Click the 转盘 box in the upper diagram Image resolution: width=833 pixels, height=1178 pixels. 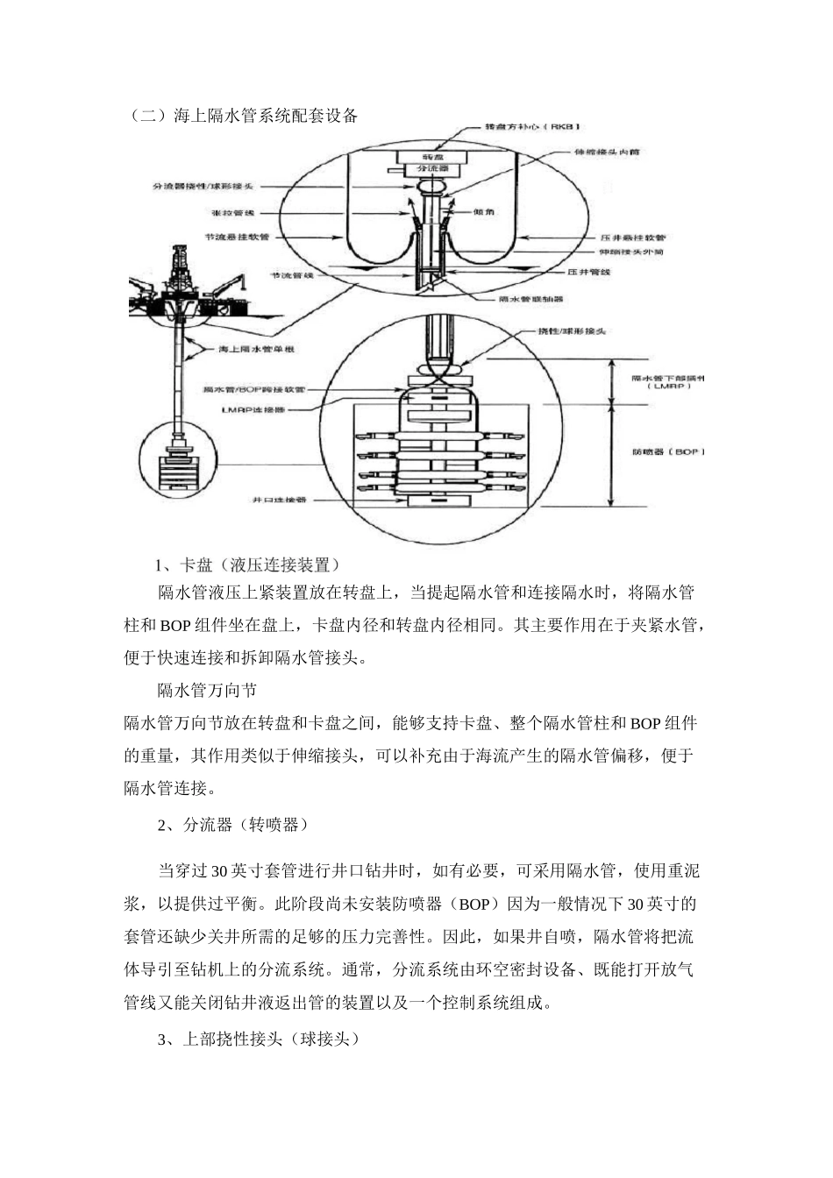pos(429,155)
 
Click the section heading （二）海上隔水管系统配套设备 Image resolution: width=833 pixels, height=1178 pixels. pos(242,115)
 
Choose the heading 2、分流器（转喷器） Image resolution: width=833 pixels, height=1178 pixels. pos(232,825)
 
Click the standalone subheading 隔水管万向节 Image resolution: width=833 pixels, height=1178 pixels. pos(207,691)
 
